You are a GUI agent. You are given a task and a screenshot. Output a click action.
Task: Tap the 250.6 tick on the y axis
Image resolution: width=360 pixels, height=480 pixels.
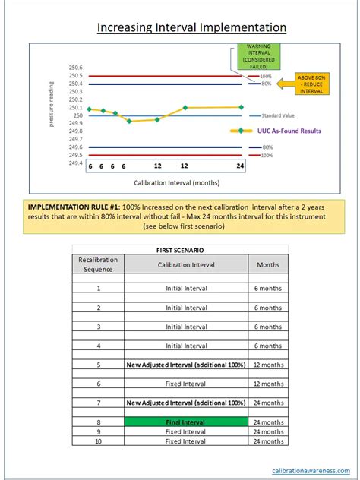pyautogui.click(x=74, y=68)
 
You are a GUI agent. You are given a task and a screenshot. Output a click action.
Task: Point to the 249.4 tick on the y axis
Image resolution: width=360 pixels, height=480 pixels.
pyautogui.click(x=74, y=163)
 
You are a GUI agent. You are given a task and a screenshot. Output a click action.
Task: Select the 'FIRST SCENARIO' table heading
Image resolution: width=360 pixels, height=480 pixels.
pyautogui.click(x=180, y=249)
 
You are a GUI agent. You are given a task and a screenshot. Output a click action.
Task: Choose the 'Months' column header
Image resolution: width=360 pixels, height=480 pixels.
pyautogui.click(x=267, y=264)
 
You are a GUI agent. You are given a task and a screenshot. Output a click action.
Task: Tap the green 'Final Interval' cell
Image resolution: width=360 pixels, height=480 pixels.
pyautogui.click(x=186, y=422)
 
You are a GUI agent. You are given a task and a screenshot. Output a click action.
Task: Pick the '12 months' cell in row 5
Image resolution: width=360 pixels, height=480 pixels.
pyautogui.click(x=267, y=365)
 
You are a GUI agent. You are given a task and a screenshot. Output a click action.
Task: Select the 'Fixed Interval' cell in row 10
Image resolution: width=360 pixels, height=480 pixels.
pyautogui.click(x=186, y=441)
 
